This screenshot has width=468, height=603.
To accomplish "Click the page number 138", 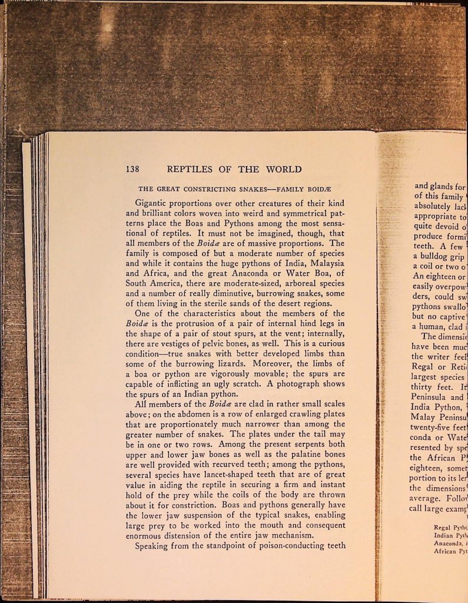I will [132, 170].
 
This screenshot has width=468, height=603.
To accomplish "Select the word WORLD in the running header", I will [281, 170].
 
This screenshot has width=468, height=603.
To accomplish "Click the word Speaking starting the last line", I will [154, 545].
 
